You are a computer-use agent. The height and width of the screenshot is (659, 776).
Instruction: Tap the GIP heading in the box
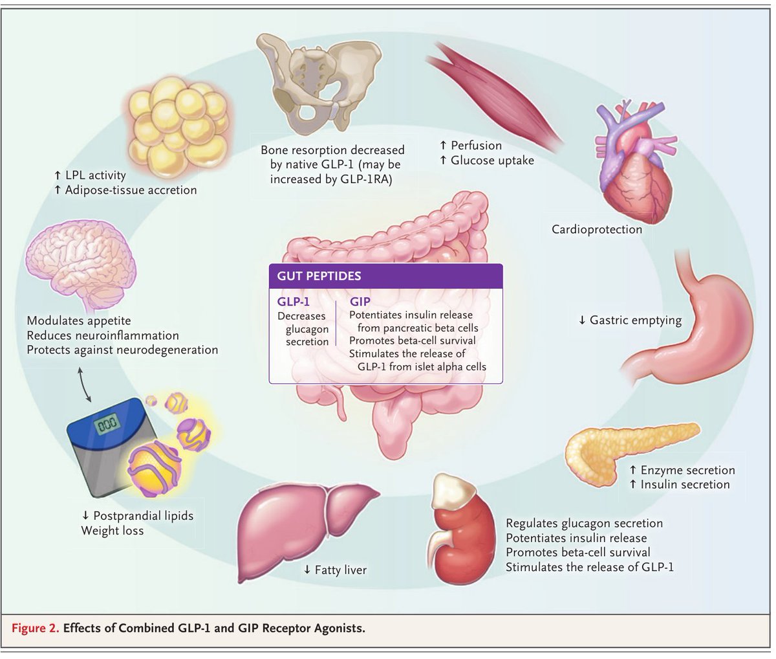[x=360, y=302]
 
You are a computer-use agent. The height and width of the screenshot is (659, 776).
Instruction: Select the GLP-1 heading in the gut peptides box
[x=294, y=302]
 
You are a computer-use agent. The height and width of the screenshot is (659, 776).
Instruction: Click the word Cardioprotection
[x=596, y=229]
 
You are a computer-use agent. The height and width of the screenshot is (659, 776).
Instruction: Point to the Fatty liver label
[x=335, y=570]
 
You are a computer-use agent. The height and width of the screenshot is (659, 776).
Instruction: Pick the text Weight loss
[x=112, y=531]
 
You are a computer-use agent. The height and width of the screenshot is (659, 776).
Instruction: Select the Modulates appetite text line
[x=79, y=321]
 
